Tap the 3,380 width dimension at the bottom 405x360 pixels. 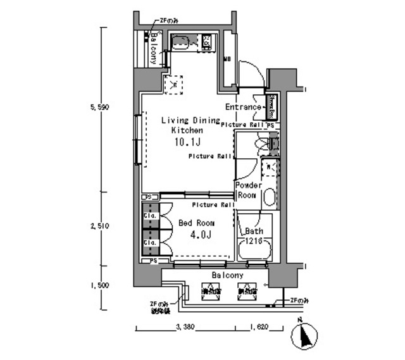(184, 328)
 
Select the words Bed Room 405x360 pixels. (196, 223)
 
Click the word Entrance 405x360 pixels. (243, 107)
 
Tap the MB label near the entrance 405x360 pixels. (227, 61)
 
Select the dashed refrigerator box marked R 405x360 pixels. (173, 83)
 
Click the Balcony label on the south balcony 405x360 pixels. (227, 275)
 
